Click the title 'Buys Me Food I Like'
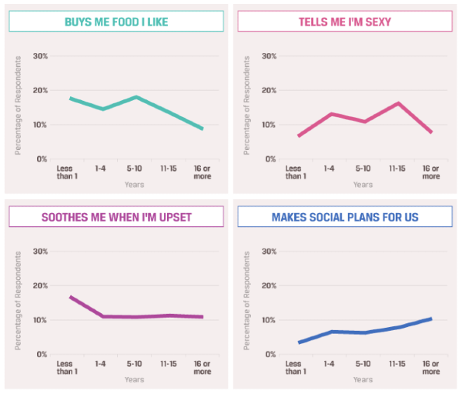pos(116,22)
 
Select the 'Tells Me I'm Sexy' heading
pos(344,22)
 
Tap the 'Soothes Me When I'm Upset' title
pos(116,217)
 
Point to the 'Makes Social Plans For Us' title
pos(344,217)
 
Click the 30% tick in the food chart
pos(41,56)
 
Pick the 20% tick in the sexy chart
pos(270,91)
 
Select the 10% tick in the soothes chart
pos(41,320)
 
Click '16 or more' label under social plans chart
pos(431,368)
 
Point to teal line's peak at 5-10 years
pos(136,97)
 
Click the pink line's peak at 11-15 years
pos(399,103)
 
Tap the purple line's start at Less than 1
pos(70,297)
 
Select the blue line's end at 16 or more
pos(431,319)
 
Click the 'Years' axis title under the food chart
pos(135,185)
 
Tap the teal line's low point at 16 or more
pos(203,128)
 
